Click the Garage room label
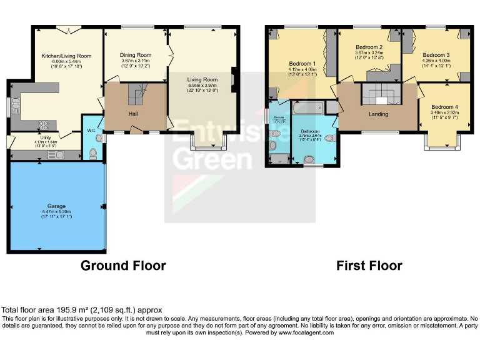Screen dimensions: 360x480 [x=57, y=205]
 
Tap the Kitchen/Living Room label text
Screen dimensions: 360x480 [x=66, y=56]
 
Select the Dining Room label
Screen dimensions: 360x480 [x=136, y=55]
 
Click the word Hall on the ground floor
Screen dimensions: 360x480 [x=133, y=114]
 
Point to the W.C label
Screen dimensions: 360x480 [x=91, y=131]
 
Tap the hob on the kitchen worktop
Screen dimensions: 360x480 [x=44, y=124]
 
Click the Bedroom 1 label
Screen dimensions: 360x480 [x=302, y=63]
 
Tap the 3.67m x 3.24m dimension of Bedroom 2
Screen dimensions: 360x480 [x=369, y=53]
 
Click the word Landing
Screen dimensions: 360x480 [x=378, y=114]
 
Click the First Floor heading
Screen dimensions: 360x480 [x=369, y=266]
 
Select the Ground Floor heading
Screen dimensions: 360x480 [x=123, y=266]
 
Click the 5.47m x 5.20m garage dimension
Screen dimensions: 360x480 [x=57, y=211]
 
